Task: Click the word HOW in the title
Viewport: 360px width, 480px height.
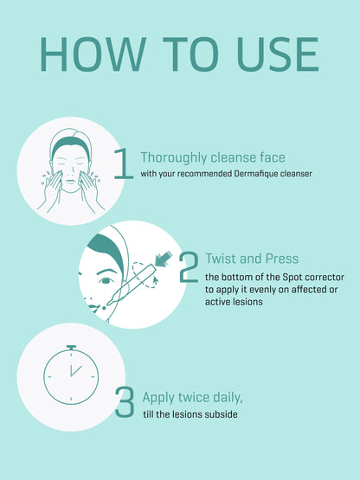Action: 93,54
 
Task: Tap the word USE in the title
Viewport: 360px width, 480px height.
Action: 278,54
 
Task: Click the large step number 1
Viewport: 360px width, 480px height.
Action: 123,163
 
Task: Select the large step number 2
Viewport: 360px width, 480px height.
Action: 189,266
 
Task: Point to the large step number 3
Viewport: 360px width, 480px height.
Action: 125,402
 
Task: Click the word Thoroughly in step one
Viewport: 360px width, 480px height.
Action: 174,158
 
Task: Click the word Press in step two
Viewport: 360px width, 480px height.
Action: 282,259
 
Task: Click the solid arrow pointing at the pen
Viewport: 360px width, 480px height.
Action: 164,259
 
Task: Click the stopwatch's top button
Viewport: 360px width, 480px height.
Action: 71,348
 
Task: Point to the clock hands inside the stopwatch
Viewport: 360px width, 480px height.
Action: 74,370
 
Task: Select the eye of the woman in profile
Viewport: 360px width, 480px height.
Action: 106,280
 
